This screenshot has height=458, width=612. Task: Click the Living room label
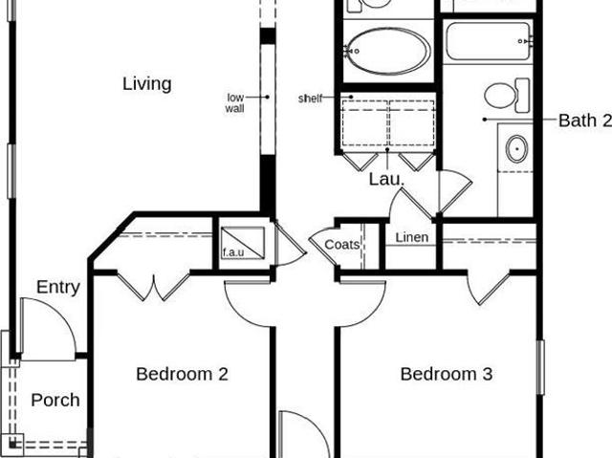(147, 84)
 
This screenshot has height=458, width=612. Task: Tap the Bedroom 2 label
(182, 374)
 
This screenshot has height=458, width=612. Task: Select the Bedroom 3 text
(447, 374)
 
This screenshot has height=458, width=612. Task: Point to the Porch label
(55, 401)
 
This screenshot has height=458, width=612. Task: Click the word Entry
(58, 288)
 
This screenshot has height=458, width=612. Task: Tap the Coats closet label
(342, 245)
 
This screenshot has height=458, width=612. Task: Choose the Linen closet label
(412, 237)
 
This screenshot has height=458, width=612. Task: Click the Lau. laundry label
(386, 179)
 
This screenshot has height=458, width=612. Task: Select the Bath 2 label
(585, 120)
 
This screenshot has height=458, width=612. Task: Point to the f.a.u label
(233, 252)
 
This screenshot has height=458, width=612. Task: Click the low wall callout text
(235, 102)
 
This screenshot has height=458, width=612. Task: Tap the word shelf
(310, 98)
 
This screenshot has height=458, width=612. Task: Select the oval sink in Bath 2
(516, 148)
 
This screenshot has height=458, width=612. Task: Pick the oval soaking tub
(388, 51)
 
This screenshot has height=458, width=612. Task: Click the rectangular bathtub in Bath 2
(489, 41)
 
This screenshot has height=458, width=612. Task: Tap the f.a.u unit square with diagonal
(243, 243)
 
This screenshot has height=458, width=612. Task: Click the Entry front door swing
(48, 329)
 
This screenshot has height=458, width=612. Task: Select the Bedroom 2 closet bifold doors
(153, 287)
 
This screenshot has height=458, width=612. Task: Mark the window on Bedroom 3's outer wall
(540, 367)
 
